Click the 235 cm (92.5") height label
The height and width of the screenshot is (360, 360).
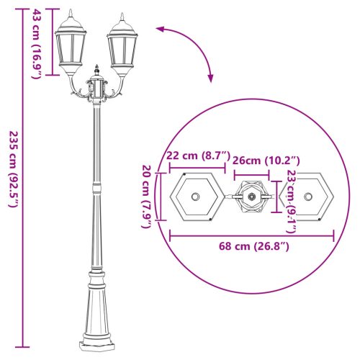click(x=14, y=170)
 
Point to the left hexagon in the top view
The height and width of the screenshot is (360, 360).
click(x=196, y=196)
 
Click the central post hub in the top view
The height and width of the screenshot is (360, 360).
click(x=251, y=196)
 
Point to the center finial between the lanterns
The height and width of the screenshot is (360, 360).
click(x=96, y=71)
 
